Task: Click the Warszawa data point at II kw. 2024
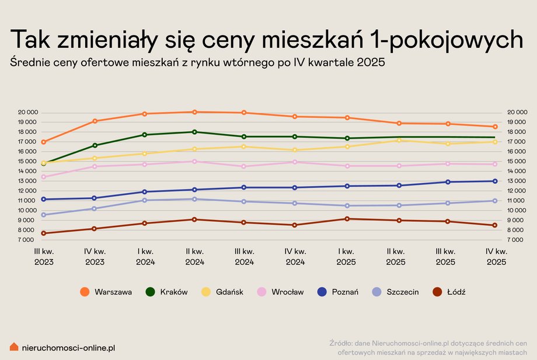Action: tap(195, 112)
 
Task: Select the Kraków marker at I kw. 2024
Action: tap(145, 135)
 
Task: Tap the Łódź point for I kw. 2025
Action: tap(347, 219)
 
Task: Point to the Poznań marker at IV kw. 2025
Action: tap(495, 181)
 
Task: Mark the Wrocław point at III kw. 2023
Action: tap(44, 177)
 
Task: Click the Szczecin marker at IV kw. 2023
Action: tap(95, 208)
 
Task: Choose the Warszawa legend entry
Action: tap(106, 292)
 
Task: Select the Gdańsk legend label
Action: tap(229, 292)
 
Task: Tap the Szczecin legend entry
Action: tap(395, 292)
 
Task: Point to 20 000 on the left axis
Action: tap(28, 112)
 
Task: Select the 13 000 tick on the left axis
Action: tap(28, 181)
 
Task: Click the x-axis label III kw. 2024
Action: tap(245, 257)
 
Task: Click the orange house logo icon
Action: tap(14, 347)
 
